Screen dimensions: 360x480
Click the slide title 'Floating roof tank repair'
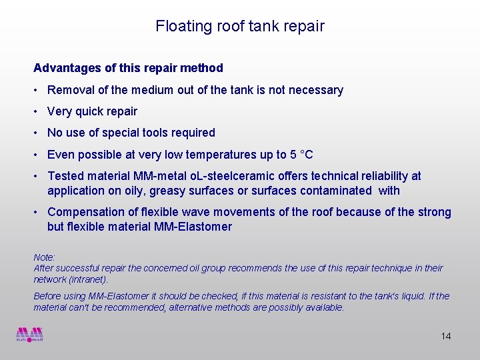tap(240, 26)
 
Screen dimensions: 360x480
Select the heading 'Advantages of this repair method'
tap(128, 68)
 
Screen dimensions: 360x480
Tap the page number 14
tap(446, 336)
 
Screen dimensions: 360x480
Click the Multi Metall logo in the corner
tap(30, 334)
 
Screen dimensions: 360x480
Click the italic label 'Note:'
tap(45, 257)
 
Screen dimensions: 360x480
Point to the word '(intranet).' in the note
tap(89, 279)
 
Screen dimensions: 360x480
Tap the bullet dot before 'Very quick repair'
tap(37, 111)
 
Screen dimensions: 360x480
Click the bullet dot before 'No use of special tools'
tap(37, 133)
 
